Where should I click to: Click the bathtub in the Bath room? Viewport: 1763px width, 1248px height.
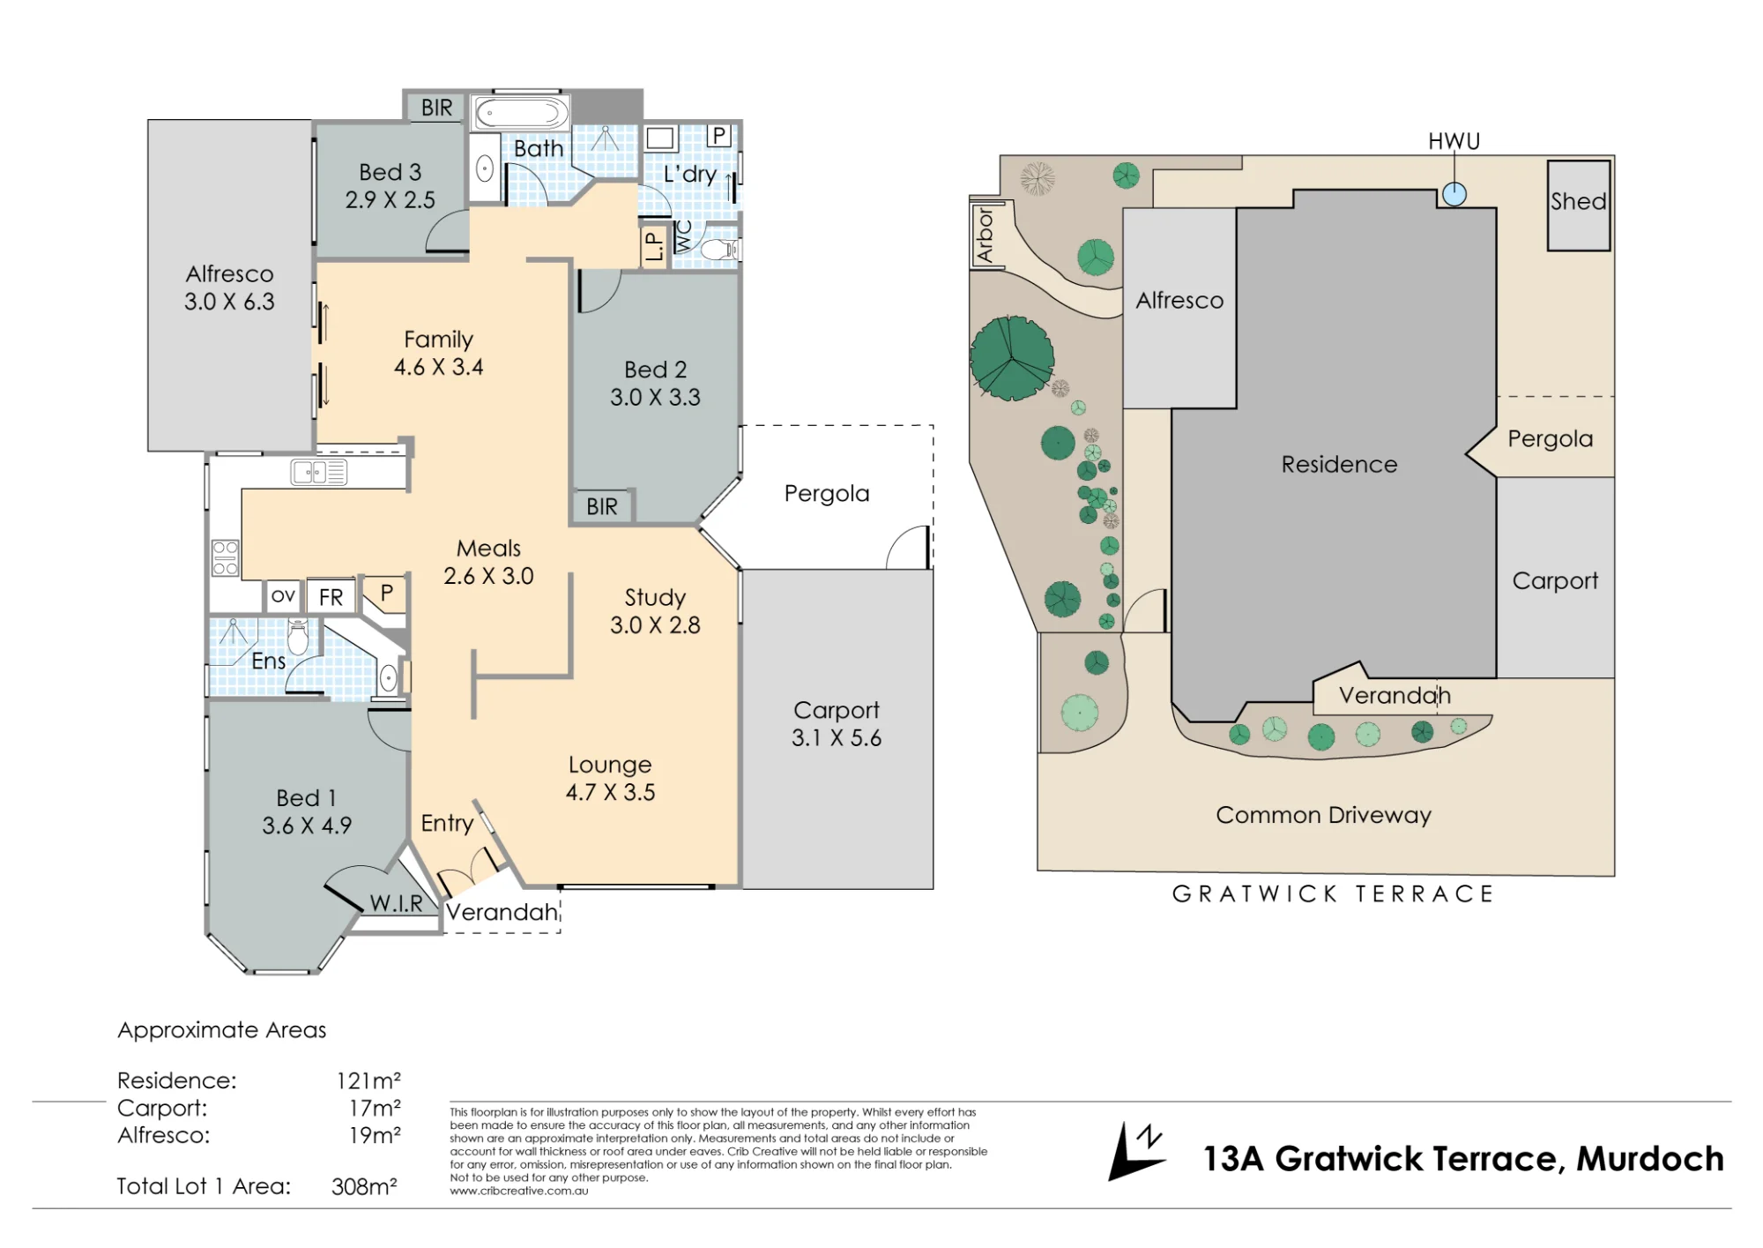522,113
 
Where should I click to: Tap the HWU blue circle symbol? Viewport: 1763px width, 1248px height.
1454,194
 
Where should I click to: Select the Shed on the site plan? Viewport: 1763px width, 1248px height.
1579,205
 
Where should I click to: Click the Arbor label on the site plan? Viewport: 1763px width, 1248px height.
985,235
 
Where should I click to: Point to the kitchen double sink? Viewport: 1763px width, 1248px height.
319,473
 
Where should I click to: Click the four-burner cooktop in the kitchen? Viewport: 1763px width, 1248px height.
225,557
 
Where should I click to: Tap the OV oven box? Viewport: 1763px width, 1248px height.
283,596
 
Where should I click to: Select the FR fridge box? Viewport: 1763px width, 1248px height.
331,597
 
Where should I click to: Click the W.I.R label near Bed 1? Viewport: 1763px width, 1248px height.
396,903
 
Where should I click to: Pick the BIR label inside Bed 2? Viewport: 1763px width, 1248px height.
602,506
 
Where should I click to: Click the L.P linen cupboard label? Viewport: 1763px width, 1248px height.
653,246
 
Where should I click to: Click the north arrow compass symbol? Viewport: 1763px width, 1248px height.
1135,1151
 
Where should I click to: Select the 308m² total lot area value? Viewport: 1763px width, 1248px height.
364,1186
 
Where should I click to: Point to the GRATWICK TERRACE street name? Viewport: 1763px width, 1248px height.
1333,894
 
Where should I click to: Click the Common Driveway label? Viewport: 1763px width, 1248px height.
1323,815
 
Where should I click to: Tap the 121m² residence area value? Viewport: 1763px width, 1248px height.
368,1080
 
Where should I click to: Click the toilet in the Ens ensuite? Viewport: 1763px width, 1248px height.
298,636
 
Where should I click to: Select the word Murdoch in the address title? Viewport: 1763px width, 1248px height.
1650,1158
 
